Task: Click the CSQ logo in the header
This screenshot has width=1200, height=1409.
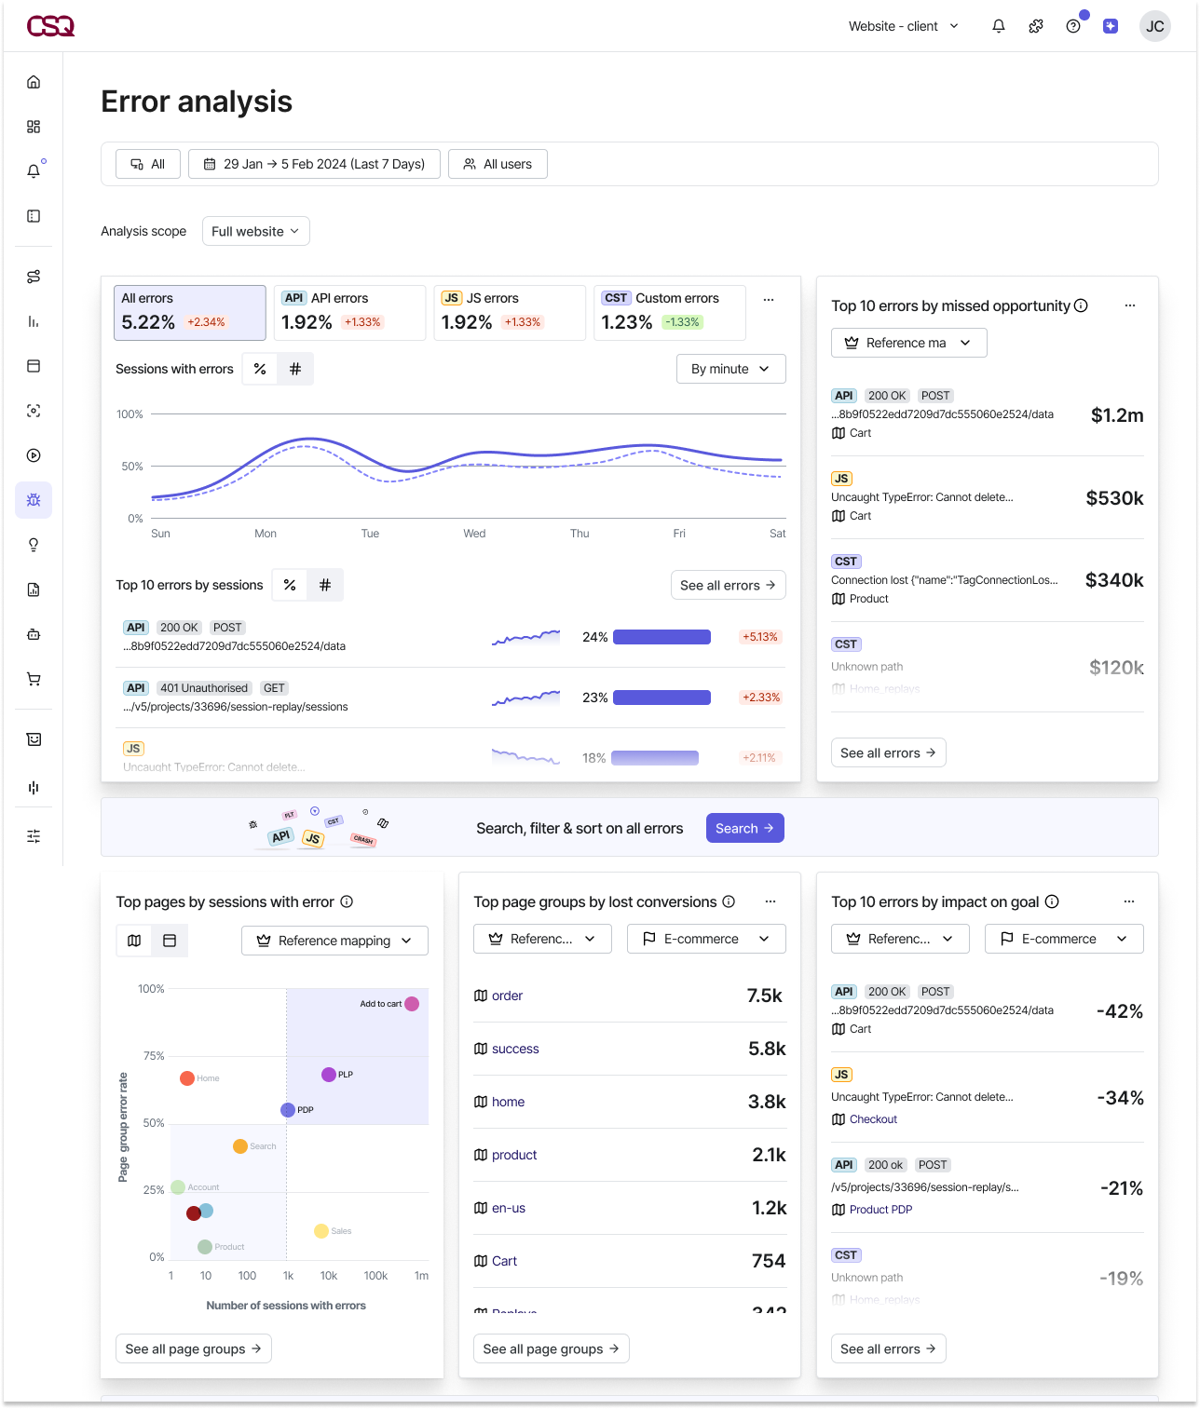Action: tap(50, 26)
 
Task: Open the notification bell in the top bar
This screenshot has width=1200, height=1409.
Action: tap(998, 26)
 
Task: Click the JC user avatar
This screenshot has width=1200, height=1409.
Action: tap(1154, 26)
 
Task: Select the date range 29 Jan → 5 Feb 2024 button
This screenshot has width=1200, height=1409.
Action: tap(314, 164)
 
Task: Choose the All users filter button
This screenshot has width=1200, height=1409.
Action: tap(498, 164)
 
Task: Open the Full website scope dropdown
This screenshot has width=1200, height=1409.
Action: tap(255, 231)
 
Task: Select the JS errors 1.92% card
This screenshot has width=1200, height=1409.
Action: tap(509, 312)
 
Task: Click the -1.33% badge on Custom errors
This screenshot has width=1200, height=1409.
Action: tap(682, 322)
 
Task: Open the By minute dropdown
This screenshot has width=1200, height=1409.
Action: tap(730, 369)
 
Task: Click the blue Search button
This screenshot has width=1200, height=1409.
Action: tap(744, 828)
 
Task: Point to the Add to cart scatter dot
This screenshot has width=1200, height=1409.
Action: tap(412, 1004)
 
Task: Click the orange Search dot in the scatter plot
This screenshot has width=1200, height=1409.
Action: tap(240, 1145)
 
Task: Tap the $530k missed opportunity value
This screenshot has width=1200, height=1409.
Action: tap(1114, 498)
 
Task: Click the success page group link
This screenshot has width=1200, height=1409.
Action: tap(515, 1049)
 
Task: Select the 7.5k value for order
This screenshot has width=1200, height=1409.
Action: tap(764, 996)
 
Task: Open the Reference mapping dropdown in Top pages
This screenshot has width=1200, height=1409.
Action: tap(334, 941)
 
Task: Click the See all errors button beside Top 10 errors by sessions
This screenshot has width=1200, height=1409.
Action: tap(728, 585)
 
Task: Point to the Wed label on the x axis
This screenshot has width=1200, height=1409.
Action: tap(474, 534)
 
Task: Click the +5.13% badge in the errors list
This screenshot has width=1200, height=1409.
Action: tap(759, 637)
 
